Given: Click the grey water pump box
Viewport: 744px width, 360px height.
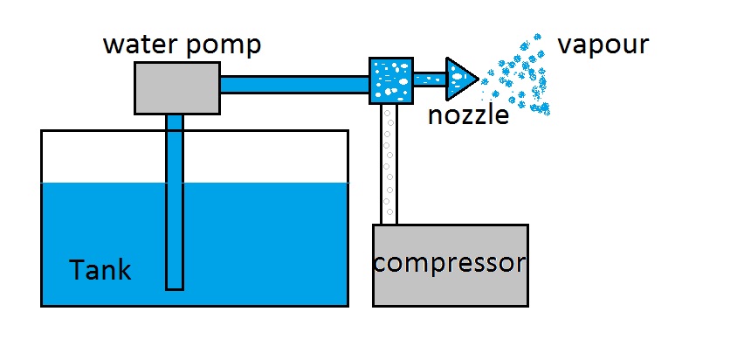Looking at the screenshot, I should (x=176, y=87).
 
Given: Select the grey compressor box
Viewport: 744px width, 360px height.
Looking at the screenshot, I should (x=451, y=284).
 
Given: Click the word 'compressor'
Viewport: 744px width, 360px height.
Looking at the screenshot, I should (x=451, y=262).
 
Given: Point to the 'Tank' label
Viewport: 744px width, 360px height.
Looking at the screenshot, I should (x=100, y=270).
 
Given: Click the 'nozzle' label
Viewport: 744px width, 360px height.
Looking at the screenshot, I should (x=468, y=114).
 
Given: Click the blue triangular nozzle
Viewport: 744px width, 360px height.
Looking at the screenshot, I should (x=458, y=79).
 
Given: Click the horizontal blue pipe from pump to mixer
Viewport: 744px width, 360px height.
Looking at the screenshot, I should (x=293, y=85).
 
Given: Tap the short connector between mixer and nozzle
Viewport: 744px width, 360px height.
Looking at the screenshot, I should (x=430, y=79).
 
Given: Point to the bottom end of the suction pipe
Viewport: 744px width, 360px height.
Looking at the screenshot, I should (x=175, y=285).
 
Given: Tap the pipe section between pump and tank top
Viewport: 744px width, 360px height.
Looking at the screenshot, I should (x=175, y=122).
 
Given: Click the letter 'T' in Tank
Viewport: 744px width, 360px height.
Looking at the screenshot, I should (x=77, y=270).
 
